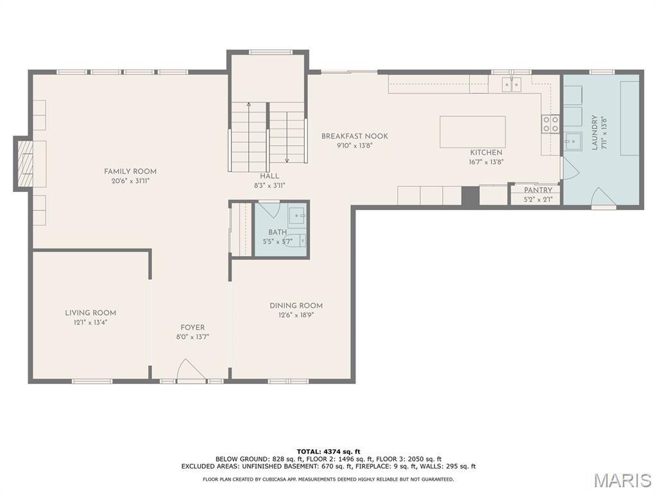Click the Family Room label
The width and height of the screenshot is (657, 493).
pos(130,171)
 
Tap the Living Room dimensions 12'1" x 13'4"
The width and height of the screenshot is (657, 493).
pos(90,323)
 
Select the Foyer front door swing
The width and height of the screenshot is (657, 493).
pos(190,370)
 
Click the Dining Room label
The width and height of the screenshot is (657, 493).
pos(296,306)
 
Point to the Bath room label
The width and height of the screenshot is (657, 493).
pos(278,232)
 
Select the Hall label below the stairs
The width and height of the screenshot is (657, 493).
pos(269,176)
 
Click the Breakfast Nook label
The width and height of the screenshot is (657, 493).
pos(354,136)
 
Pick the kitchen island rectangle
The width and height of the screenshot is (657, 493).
pos(472,132)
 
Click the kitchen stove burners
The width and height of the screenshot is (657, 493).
pos(550,124)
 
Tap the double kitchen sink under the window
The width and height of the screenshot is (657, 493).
pos(511,84)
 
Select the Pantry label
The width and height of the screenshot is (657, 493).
pos(538,190)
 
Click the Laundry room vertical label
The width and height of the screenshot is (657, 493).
pos(595,132)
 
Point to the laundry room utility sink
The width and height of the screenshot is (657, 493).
pos(572,141)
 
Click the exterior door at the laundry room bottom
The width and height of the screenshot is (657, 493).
pos(603,198)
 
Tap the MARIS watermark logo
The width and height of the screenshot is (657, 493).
pos(622,480)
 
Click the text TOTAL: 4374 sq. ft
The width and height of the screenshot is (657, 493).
pos(328,451)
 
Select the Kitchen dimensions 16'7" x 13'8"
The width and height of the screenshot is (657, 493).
pos(486,162)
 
